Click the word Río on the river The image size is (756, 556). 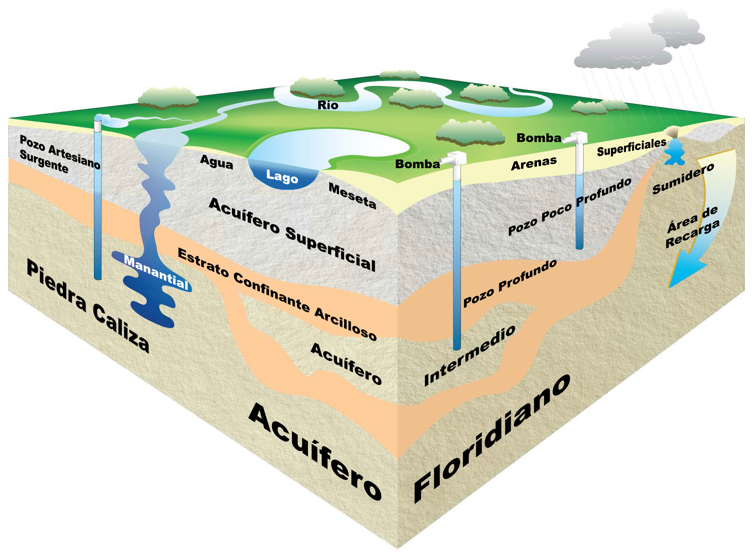(328, 105)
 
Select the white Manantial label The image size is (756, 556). (156, 272)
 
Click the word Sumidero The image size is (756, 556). (683, 178)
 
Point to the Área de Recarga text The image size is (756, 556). (692, 227)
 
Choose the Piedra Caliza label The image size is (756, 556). (88, 306)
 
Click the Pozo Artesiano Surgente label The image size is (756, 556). (60, 154)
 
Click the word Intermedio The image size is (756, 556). (470, 355)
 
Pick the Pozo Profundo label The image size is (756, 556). (510, 284)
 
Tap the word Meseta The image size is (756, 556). (352, 196)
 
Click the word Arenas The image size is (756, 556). (534, 163)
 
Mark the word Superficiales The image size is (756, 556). (631, 147)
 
